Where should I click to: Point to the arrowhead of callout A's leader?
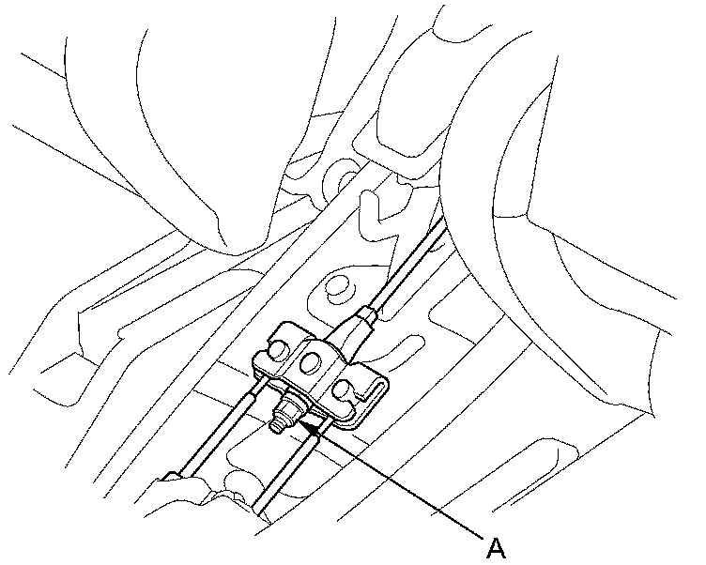tap(308, 424)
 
